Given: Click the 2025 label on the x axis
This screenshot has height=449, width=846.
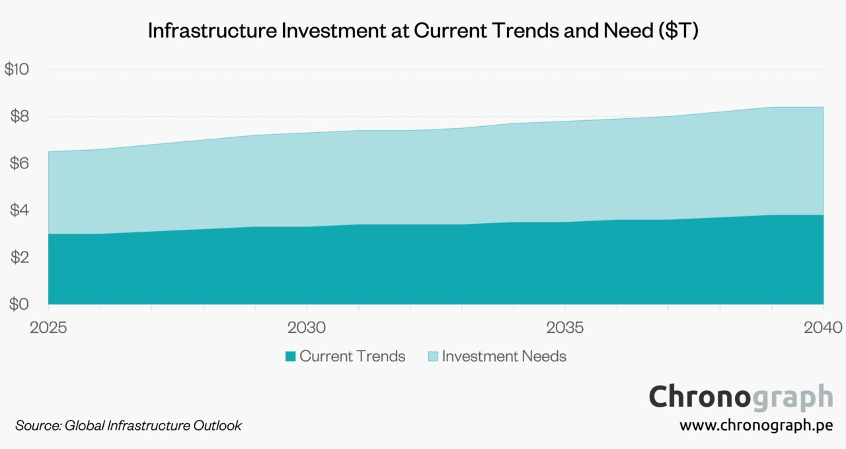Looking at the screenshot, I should point(48,328).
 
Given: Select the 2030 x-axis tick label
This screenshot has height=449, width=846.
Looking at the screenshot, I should point(306,328).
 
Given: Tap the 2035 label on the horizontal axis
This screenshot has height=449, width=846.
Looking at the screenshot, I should point(564,328).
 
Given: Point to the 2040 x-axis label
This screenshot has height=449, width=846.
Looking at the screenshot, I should point(822,328).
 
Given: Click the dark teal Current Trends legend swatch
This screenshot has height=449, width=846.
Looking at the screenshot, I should point(290,357).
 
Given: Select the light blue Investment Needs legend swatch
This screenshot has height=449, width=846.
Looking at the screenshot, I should point(432,357).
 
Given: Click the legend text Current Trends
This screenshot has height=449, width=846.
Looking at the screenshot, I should point(352,357).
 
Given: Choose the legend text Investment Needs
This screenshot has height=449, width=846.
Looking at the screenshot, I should point(504,357).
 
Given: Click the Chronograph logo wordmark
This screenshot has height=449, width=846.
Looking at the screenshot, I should point(740,397).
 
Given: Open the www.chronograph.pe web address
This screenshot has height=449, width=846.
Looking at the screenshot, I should point(756,426).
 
